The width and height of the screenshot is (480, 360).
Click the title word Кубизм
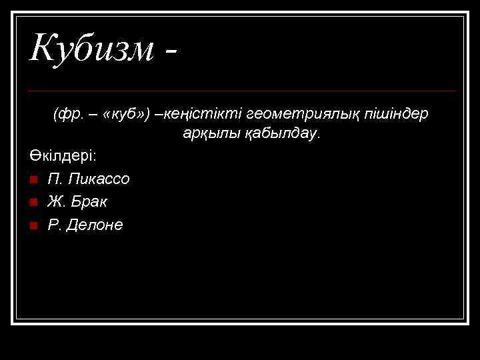[x=91, y=49]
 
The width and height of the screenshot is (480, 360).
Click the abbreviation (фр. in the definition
[x=67, y=114]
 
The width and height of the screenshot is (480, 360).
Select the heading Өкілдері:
[x=63, y=155]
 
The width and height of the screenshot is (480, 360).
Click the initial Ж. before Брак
[x=56, y=201]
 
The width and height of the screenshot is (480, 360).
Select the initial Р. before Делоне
[x=54, y=225]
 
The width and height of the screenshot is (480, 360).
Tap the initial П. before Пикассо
[x=55, y=179]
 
